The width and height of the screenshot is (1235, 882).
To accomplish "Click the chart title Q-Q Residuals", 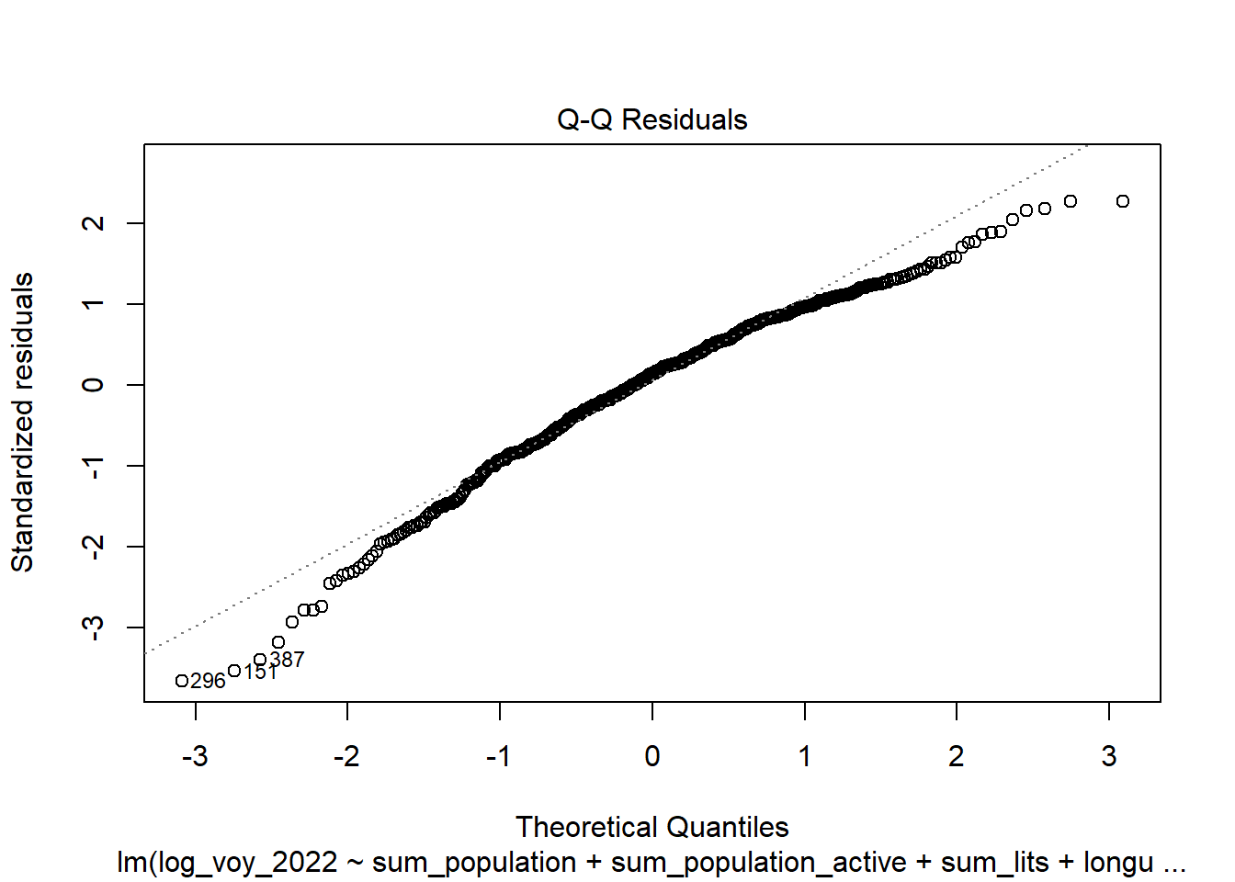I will coord(651,119).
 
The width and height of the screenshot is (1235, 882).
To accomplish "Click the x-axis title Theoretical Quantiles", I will coord(651,827).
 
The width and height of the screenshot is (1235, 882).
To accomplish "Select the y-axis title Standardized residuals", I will coord(22,423).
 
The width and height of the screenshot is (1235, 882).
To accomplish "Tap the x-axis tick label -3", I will coord(195,756).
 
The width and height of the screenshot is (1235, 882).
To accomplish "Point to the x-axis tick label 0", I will coord(651,756).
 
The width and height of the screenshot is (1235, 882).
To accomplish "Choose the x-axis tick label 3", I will coord(1109,756).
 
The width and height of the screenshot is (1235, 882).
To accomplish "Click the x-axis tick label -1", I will coord(499,756).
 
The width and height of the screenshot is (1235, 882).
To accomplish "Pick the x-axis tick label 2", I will coord(957,756).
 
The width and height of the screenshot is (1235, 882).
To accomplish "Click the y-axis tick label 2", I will coord(93,223).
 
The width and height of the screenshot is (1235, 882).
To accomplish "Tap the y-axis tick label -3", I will coord(93,628).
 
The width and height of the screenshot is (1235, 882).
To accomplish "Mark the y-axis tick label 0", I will coord(93,385).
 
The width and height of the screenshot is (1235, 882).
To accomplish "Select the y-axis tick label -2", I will coord(93,547).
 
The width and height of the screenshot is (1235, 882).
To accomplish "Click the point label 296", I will coord(209,681).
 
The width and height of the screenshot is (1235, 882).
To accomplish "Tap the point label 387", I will coord(288,660).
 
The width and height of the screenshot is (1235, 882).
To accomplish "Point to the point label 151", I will coord(261,673).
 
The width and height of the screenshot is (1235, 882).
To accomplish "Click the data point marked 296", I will coord(182,681).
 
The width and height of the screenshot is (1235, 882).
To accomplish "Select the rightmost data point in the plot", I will coord(1122,201).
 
